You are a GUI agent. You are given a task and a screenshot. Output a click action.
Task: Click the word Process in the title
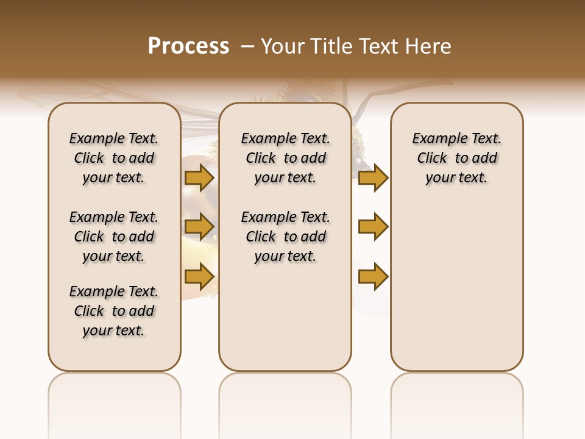click(x=188, y=46)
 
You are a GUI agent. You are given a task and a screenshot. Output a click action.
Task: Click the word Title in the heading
click(x=331, y=46)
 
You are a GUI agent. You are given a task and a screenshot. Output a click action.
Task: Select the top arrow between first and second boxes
click(x=199, y=177)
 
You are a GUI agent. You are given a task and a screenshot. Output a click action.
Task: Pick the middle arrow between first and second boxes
click(x=199, y=227)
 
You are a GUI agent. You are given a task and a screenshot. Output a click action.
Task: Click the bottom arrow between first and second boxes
click(x=199, y=276)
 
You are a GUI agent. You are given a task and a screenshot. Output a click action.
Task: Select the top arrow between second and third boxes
click(x=373, y=177)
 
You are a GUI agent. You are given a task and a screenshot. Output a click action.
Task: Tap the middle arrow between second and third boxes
click(x=373, y=227)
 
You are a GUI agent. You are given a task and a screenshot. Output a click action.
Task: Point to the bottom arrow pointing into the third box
click(x=373, y=276)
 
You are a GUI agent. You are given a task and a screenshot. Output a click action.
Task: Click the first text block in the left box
click(x=114, y=158)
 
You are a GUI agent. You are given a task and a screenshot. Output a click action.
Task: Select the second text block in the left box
click(x=114, y=237)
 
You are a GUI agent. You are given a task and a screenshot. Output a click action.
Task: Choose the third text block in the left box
click(x=114, y=311)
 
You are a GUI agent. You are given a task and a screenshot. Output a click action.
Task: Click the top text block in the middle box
click(x=285, y=158)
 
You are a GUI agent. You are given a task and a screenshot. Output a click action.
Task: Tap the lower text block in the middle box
click(x=285, y=237)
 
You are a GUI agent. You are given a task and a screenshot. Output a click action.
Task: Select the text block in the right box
click(x=457, y=158)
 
